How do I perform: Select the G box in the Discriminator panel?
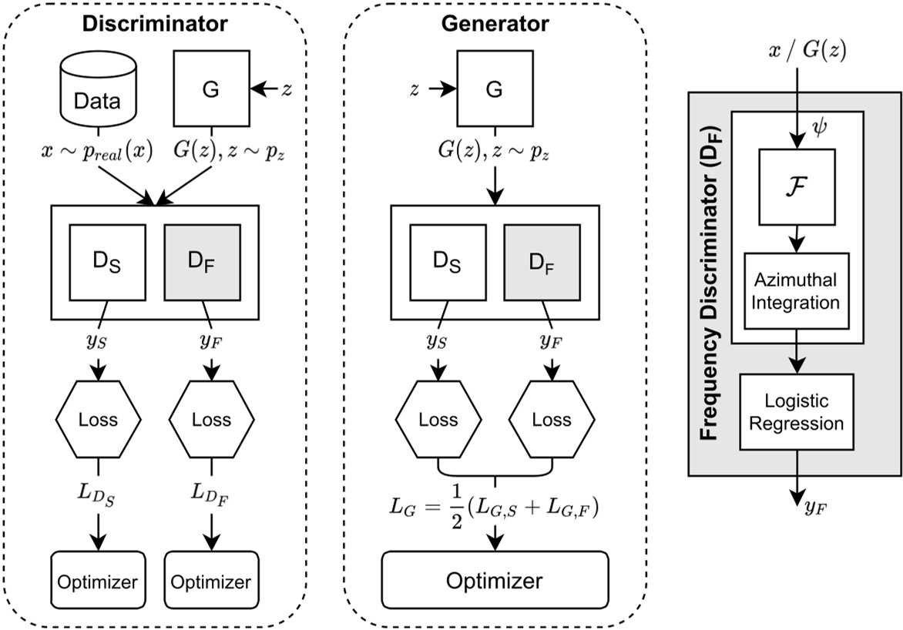[210, 90]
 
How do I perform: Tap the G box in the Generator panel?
[494, 90]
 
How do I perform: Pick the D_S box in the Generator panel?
[438, 263]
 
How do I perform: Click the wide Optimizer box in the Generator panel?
[495, 580]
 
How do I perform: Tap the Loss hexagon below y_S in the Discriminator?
[98, 420]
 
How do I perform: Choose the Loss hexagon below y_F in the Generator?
[552, 420]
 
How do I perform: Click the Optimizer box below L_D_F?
[210, 580]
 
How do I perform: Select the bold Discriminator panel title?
[156, 24]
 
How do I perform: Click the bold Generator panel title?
[495, 24]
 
